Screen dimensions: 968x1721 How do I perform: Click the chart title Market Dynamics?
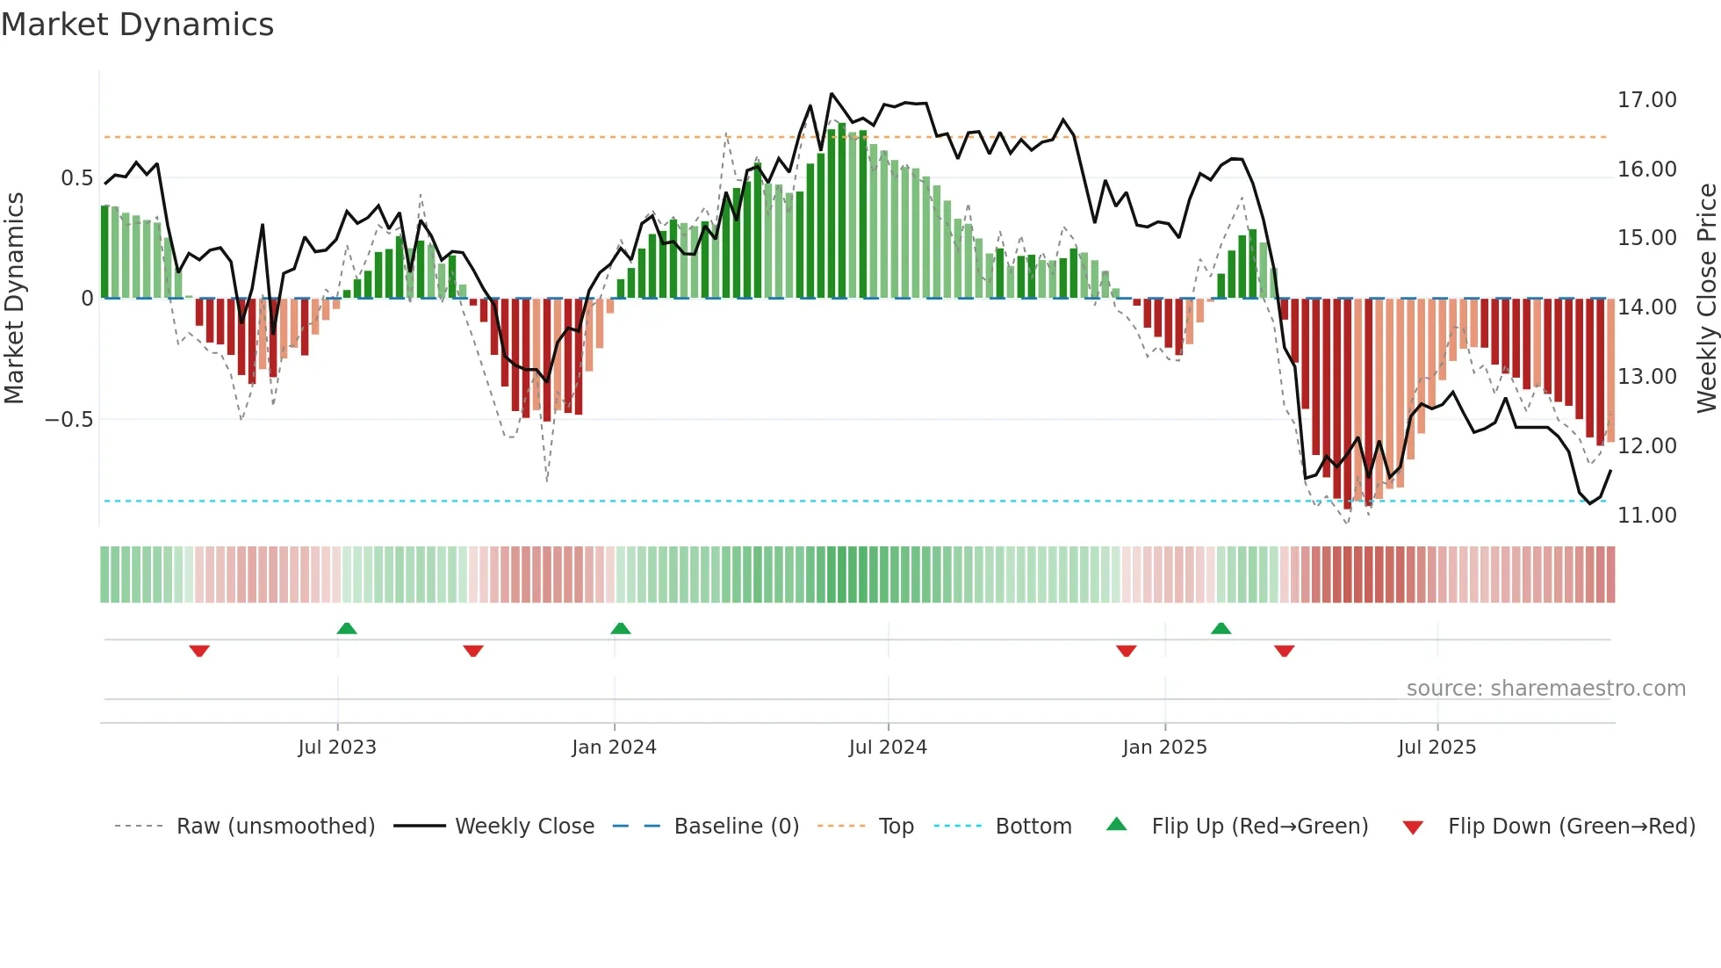coord(137,25)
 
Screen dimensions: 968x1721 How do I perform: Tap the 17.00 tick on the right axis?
coord(1646,100)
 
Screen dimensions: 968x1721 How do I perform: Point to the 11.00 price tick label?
coord(1646,516)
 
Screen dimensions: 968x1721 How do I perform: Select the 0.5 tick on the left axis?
coord(76,178)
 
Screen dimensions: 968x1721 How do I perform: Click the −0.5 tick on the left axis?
coord(68,420)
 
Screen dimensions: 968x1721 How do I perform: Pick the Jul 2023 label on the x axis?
coord(337,748)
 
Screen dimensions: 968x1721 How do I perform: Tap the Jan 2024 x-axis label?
coord(614,748)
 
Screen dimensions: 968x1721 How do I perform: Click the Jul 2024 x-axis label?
coord(888,748)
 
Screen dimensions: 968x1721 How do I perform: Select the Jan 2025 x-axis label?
coord(1164,748)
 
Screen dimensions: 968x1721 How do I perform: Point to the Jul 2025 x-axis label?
coord(1437,748)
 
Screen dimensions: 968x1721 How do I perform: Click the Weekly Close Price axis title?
coord(1706,299)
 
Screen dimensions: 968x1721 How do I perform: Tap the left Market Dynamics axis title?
coord(15,299)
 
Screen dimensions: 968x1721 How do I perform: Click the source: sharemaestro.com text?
coord(1545,689)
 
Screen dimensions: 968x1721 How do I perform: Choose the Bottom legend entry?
coord(1033,827)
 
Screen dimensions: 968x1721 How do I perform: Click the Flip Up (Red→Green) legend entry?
coord(1259,827)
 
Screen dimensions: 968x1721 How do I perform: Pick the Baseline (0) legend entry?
coord(736,827)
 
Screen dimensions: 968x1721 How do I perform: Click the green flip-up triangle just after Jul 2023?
coord(347,628)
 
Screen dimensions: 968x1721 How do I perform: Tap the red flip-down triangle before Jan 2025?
coord(1127,651)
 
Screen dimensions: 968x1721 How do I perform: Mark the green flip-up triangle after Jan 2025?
coord(1221,628)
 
